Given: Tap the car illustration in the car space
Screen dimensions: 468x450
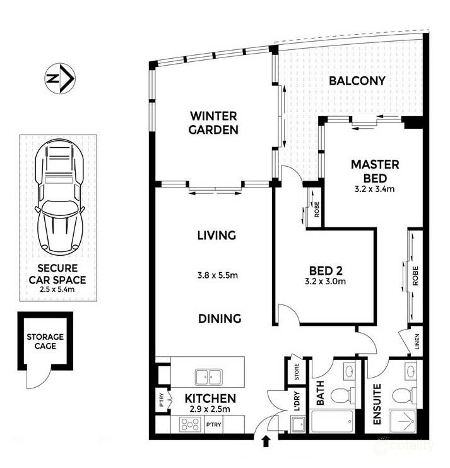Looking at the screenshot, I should (61, 196).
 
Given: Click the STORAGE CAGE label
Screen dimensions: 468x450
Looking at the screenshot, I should (45, 342).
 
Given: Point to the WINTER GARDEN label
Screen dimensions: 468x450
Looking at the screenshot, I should (215, 123).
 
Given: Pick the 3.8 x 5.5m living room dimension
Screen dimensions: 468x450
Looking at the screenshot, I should (216, 275).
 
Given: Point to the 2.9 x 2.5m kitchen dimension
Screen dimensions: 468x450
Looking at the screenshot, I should (210, 409).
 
